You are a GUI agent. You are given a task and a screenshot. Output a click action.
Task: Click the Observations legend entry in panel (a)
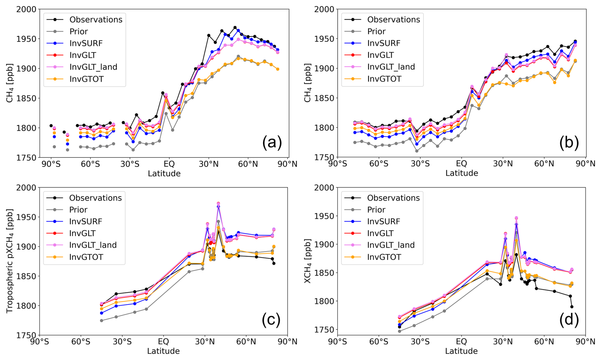[96, 20]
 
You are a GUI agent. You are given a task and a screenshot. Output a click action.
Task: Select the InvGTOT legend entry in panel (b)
[384, 79]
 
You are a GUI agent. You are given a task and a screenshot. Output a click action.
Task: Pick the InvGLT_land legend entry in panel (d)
[391, 245]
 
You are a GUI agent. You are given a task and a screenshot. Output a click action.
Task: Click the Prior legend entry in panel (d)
[376, 210]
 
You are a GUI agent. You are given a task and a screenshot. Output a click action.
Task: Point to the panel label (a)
[272, 143]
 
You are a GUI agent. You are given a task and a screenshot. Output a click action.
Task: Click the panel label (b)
[569, 143]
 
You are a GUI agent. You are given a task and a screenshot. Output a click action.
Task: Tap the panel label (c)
[271, 320]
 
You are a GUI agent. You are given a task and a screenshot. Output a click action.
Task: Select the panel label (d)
[569, 320]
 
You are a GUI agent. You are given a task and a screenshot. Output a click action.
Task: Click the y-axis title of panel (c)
[10, 261]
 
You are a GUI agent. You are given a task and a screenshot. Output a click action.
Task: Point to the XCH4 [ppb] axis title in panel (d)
[307, 261]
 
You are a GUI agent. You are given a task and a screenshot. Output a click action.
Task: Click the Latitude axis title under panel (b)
[462, 173]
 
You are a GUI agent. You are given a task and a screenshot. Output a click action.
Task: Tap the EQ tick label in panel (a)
[169, 164]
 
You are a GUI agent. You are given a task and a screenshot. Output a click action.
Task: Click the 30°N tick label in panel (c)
[205, 342]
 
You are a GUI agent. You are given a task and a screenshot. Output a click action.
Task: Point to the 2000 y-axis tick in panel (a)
[26, 10]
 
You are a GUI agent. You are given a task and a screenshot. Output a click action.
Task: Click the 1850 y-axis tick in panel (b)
[324, 98]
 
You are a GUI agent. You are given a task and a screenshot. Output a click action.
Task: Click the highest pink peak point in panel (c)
[218, 203]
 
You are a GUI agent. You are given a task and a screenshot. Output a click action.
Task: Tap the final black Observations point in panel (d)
[572, 307]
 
